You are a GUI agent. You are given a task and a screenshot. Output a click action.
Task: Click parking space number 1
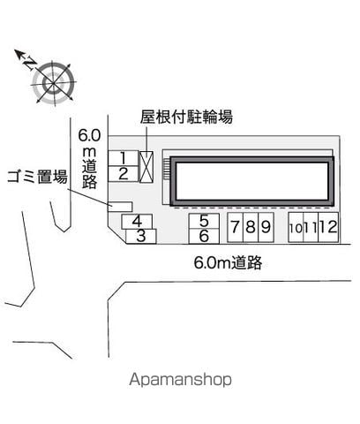click(124, 158)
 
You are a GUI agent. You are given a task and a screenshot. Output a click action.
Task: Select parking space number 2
click(124, 174)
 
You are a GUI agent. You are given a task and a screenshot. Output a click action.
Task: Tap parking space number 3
click(141, 236)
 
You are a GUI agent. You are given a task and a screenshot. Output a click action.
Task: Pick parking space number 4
click(137, 222)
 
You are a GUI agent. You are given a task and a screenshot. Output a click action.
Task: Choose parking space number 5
click(204, 221)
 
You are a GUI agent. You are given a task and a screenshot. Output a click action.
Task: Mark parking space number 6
click(204, 236)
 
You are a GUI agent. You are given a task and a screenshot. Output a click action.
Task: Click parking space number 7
click(236, 227)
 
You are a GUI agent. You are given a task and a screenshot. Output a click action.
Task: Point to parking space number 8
click(251, 227)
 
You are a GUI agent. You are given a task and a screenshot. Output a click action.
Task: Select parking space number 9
click(266, 227)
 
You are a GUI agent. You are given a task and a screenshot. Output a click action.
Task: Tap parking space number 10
click(296, 227)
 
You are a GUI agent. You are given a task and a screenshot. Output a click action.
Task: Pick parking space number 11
click(311, 227)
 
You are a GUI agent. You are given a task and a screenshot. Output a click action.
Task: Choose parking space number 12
click(328, 227)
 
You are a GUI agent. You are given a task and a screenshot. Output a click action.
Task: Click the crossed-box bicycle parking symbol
click(146, 167)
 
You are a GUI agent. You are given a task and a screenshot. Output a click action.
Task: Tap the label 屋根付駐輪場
click(186, 117)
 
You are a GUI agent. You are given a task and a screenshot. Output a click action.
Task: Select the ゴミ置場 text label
click(37, 177)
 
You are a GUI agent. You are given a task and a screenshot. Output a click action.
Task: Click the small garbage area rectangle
click(120, 207)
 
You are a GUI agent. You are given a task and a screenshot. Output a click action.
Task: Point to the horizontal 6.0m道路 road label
click(228, 262)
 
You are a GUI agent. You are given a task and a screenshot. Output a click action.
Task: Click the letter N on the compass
click(30, 63)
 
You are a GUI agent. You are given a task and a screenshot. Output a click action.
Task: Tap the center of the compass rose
click(53, 83)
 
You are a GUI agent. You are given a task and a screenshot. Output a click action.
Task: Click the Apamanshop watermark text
click(180, 380)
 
